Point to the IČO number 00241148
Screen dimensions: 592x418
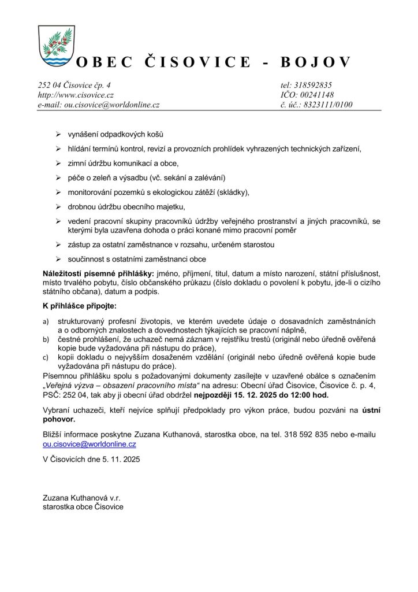tap(318, 95)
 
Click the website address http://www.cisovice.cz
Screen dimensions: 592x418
tap(76, 95)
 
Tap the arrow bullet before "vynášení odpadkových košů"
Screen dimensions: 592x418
tap(58, 134)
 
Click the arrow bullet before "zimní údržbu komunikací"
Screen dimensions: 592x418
tap(58, 163)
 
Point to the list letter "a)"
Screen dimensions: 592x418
tap(46, 321)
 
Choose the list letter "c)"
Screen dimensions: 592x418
tap(46, 358)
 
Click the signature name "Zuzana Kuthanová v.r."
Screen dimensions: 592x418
tap(81, 498)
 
